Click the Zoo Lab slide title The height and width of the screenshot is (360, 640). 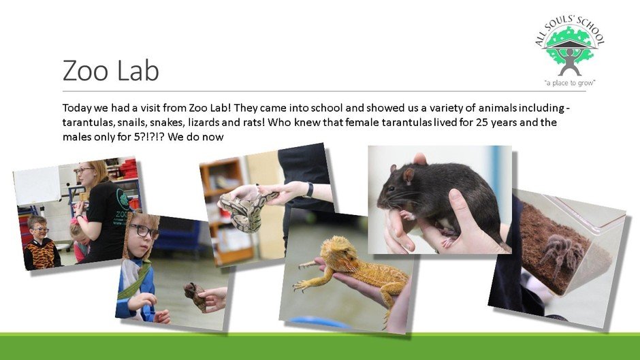110,70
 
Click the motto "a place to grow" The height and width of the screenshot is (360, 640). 570,83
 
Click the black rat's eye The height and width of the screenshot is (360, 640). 392,189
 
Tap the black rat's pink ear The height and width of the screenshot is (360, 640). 408,175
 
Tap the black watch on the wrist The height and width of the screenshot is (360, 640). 310,190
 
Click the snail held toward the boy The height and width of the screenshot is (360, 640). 195,295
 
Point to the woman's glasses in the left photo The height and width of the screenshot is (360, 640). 83,170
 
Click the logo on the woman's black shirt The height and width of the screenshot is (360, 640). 123,199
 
